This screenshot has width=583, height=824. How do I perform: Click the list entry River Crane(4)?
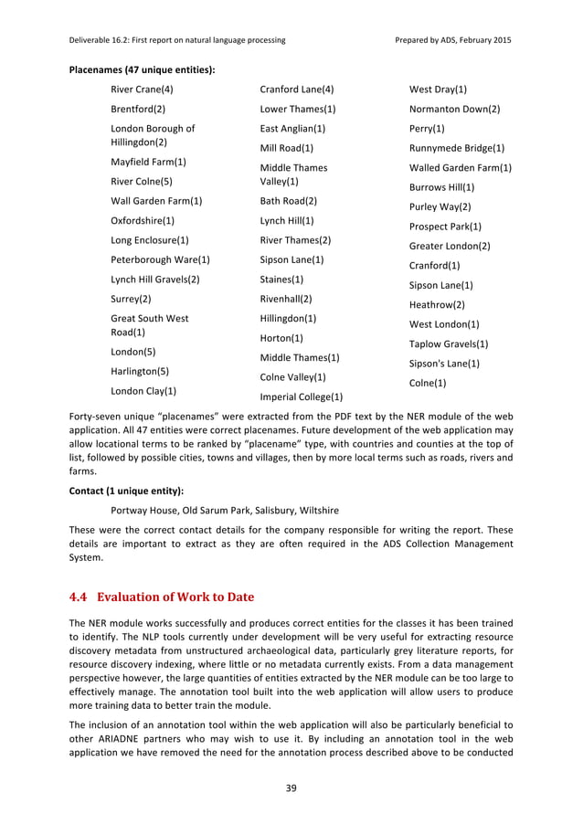tap(142, 90)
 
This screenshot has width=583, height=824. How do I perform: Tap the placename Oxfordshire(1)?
tap(143, 220)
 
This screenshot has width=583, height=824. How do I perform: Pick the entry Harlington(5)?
tap(140, 371)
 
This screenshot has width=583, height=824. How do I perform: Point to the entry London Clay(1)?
tap(143, 391)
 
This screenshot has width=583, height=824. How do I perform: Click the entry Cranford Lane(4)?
tap(297, 90)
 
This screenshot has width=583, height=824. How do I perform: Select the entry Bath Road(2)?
tap(289, 200)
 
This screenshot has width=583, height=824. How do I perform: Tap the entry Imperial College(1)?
tap(302, 397)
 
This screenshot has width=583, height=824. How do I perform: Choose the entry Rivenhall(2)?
tap(286, 299)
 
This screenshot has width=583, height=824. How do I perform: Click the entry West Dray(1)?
tap(439, 90)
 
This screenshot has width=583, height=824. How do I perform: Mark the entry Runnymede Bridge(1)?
tap(457, 148)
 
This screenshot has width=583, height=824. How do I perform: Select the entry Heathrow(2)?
tap(437, 304)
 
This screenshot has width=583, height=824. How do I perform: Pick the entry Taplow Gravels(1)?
tap(449, 343)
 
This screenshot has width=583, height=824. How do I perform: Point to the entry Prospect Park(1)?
tap(445, 226)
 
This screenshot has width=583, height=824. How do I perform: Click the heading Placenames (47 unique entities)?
tap(142, 69)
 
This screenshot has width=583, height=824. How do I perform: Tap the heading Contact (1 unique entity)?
tap(126, 490)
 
